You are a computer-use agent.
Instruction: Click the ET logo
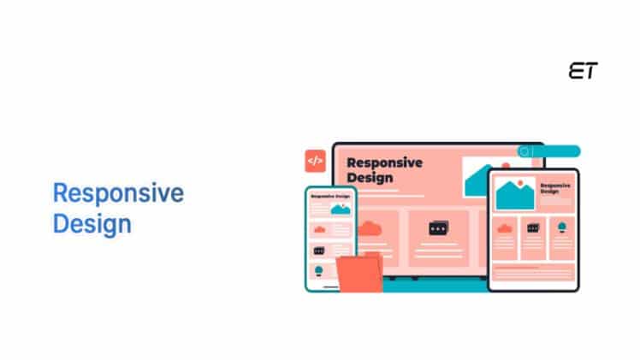pos(584,71)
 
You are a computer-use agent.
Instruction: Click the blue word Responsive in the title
pos(118,193)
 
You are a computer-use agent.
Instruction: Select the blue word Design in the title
pos(92,224)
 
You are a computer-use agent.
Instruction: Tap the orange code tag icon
pos(315,161)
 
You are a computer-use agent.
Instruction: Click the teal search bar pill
pos(548,151)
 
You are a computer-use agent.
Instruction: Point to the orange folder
pos(359,272)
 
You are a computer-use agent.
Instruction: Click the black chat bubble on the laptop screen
pos(439,228)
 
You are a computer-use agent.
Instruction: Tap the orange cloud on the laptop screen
pos(370,228)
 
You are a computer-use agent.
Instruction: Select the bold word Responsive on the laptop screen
pos(384,162)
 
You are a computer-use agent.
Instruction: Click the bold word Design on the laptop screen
pos(370,178)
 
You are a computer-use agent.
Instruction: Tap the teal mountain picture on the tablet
pos(515,193)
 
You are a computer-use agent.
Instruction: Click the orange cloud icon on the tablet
pos(505,228)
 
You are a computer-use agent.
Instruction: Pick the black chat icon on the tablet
pos(533,228)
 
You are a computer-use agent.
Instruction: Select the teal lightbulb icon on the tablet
pos(562,227)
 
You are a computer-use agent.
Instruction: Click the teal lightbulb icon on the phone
pos(319,271)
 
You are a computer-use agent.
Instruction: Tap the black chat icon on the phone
pos(319,251)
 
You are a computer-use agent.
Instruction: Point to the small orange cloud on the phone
pos(320,229)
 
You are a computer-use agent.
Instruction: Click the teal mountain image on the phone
pos(341,210)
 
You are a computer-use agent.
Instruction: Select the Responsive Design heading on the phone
pos(330,196)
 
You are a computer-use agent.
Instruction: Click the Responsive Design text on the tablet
pos(555,188)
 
